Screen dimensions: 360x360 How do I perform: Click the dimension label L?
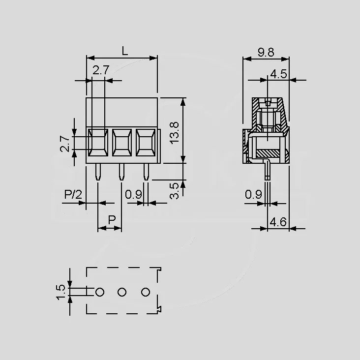pyautogui.click(x=124, y=51)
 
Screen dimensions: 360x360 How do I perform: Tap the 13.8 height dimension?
pyautogui.click(x=175, y=133)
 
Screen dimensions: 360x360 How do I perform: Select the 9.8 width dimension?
pyautogui.click(x=266, y=52)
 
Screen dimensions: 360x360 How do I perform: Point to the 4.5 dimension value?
pyautogui.click(x=279, y=74)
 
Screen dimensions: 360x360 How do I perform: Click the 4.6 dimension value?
pyautogui.click(x=278, y=222)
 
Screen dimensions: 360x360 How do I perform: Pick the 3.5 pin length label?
pyautogui.click(x=174, y=191)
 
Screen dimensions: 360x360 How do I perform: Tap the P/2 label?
pyautogui.click(x=73, y=195)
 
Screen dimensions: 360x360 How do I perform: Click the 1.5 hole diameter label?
pyautogui.click(x=61, y=292)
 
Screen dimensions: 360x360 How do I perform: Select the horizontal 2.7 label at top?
pyautogui.click(x=101, y=70)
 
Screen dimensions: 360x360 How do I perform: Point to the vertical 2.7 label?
pyautogui.click(x=65, y=144)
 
